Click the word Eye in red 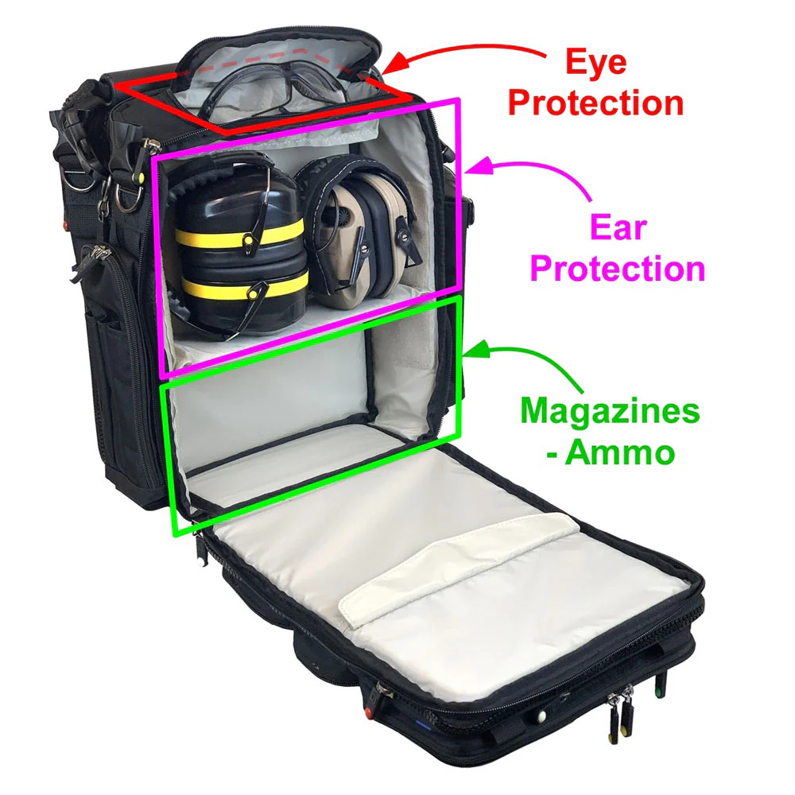(596, 63)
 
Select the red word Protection (595, 103)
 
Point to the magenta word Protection (618, 268)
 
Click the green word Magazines (611, 411)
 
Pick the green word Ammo (620, 452)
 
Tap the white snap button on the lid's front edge (541, 716)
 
